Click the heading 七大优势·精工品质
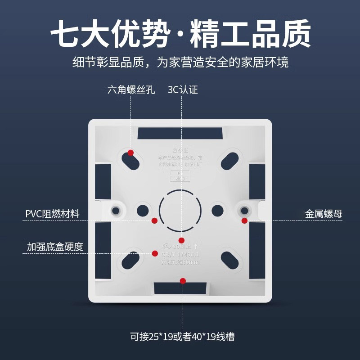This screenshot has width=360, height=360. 180,34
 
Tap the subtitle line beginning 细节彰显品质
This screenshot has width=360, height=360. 180,62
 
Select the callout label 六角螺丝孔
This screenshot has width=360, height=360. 131,90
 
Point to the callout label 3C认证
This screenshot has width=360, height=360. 183,90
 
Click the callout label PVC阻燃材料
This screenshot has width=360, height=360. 52,214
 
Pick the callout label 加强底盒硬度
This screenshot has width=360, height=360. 55,247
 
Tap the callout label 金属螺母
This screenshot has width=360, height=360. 324,214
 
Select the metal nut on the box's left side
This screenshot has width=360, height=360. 117,210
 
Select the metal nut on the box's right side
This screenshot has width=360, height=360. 244,210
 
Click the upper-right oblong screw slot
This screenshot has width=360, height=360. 230,159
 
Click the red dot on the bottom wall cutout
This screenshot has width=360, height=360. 183,281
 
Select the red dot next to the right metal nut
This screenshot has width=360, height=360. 244,220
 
